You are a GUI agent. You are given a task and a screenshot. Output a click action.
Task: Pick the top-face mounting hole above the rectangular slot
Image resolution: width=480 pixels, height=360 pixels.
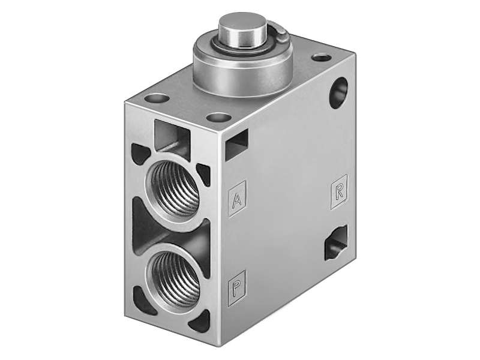pos(221,116)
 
